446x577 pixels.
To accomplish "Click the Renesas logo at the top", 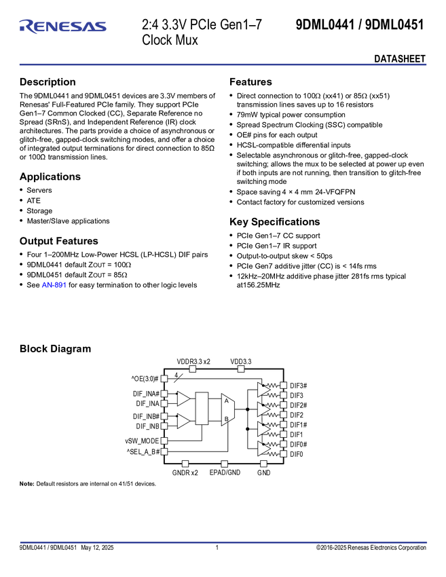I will tap(62, 27).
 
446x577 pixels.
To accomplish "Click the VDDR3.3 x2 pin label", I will tap(193, 362).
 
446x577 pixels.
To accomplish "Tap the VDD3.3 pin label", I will tap(240, 362).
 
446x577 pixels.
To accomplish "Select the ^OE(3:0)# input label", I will tap(144, 379).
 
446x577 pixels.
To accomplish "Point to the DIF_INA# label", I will tap(145, 394).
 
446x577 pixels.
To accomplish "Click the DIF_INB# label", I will tap(145, 417).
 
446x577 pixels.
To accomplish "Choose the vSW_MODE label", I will tap(142, 441).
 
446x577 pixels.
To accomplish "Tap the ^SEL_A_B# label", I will tap(143, 451).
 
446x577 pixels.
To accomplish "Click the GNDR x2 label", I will tap(184, 472).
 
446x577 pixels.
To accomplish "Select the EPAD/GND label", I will tap(225, 472).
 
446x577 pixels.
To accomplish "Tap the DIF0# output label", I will tap(297, 445).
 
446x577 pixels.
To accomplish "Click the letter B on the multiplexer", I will tap(226, 420).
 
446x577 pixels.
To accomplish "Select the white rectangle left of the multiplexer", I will tap(202, 409).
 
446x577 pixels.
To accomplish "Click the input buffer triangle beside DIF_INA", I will tap(183, 399).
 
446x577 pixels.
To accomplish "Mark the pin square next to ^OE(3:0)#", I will tap(164, 379).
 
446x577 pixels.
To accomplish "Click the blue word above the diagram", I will tap(54, 285).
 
